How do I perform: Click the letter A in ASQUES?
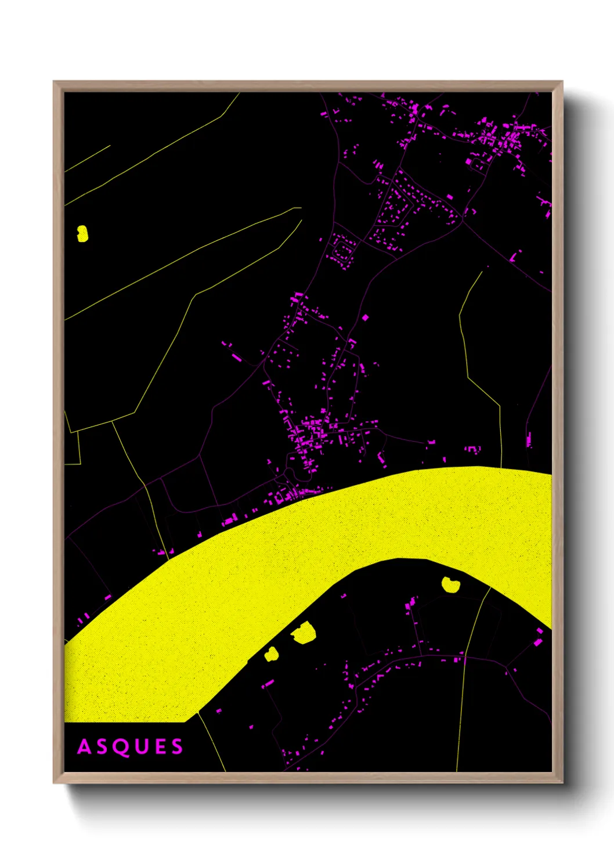pos(85,747)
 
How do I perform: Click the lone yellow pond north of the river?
pos(82,233)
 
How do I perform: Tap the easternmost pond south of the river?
pos(450,584)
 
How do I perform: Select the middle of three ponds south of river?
pos(303,633)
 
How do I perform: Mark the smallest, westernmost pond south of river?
pos(272,654)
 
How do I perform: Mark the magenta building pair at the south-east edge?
pos(539,639)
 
